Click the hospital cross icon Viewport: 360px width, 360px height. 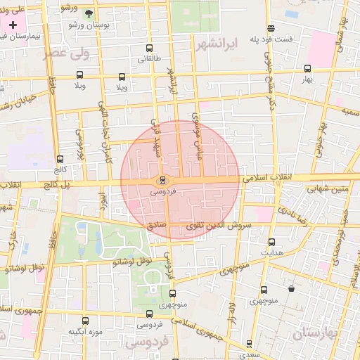pos(12,24)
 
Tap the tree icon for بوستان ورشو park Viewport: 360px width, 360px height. pos(89,13)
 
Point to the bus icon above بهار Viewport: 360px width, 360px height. pos(307,68)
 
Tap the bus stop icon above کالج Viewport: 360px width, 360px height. pos(60,159)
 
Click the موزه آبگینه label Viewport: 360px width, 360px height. pos(86,331)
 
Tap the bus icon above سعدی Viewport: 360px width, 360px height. pos(248,345)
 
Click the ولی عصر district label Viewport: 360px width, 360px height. pos(68,54)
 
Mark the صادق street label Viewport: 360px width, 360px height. pos(155,226)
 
